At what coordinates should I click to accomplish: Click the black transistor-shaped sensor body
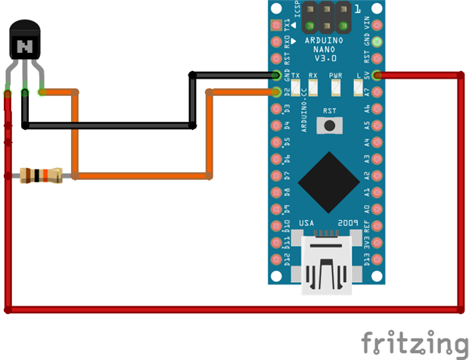tap(26, 42)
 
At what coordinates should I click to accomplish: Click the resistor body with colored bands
tap(42, 176)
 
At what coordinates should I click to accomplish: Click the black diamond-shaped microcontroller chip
tap(329, 182)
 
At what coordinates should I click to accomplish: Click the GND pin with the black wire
tap(276, 75)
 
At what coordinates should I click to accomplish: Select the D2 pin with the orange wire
tap(276, 92)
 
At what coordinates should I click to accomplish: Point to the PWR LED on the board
tap(336, 88)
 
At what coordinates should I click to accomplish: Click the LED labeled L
tap(359, 88)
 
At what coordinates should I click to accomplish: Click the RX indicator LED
tap(314, 88)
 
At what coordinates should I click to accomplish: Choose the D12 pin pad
tap(276, 260)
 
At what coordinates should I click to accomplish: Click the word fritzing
tap(414, 342)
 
